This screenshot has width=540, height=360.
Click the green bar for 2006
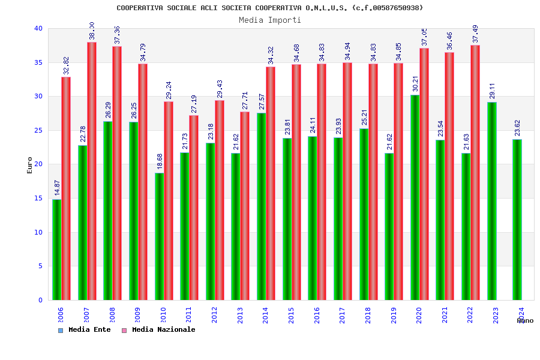pyautogui.click(x=56, y=250)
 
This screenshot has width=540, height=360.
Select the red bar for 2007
pyautogui.click(x=92, y=171)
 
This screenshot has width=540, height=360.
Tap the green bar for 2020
pyautogui.click(x=415, y=197)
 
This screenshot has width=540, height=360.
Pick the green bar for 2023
pyautogui.click(x=491, y=201)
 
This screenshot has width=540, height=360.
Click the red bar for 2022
pyautogui.click(x=475, y=172)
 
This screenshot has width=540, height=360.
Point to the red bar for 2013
pyautogui.click(x=245, y=206)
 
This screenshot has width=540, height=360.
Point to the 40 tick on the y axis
pyautogui.click(x=38, y=28)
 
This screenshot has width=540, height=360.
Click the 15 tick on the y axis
pyautogui.click(x=38, y=198)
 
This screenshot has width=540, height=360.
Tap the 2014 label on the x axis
pyautogui.click(x=266, y=315)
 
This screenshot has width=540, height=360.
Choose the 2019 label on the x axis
pyautogui.click(x=394, y=315)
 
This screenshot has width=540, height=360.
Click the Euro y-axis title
pyautogui.click(x=30, y=165)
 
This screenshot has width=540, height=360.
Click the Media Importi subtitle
pyautogui.click(x=270, y=20)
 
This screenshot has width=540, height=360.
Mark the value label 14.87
pyautogui.click(x=58, y=187)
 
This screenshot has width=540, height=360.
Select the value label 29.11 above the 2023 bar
pyautogui.click(x=492, y=91)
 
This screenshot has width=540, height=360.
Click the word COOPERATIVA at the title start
pyautogui.click(x=139, y=8)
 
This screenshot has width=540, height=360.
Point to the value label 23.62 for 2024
pyautogui.click(x=517, y=128)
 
